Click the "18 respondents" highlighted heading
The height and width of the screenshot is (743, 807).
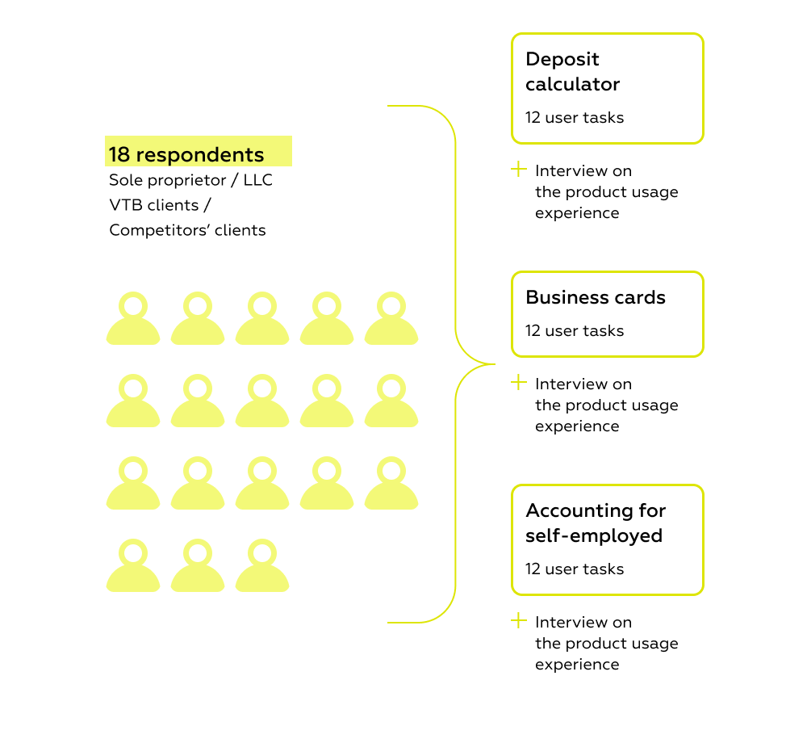pos(187,154)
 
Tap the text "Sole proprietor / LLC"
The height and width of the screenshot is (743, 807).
pos(191,180)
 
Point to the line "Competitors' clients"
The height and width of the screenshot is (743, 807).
pos(187,230)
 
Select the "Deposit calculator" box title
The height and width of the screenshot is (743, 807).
pos(573,72)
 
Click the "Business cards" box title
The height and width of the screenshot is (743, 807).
pos(596,297)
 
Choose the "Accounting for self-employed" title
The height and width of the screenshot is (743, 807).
pos(596,523)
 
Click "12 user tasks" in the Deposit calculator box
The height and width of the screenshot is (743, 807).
pos(575,117)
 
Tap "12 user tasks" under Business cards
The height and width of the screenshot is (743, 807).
pos(575,330)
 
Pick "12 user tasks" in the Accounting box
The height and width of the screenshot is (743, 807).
pos(575,569)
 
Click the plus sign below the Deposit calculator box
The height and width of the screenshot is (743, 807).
pos(519,170)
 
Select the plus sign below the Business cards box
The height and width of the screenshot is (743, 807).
pos(519,383)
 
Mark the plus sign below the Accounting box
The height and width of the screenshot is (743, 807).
pos(519,621)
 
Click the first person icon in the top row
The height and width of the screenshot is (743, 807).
pos(133,320)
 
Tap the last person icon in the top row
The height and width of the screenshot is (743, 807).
pos(391,320)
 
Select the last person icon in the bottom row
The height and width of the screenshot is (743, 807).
pos(262,567)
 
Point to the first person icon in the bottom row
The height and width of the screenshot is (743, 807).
pos(133,567)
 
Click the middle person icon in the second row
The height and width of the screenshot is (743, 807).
pos(262,402)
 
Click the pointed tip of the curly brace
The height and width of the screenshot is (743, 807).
pos(493,364)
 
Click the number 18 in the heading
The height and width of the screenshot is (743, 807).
pos(119,154)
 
